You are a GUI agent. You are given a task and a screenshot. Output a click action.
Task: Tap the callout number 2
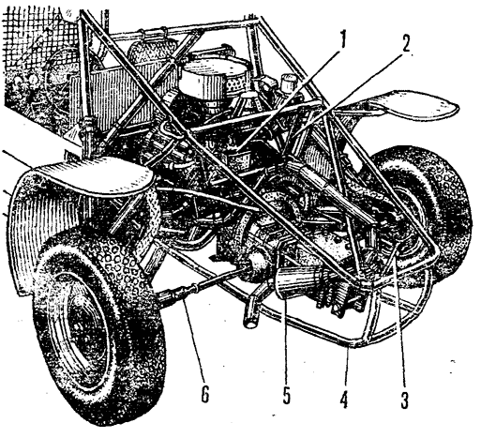click(405, 44)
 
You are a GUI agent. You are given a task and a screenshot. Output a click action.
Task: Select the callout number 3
click(404, 400)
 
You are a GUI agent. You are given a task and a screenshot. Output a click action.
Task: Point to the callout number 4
click(344, 400)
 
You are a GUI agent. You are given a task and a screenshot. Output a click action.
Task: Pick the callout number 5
click(286, 396)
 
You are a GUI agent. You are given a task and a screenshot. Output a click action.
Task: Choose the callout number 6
click(204, 395)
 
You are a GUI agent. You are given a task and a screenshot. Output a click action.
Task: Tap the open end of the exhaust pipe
click(250, 322)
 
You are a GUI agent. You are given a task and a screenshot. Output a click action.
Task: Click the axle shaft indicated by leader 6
click(200, 283)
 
